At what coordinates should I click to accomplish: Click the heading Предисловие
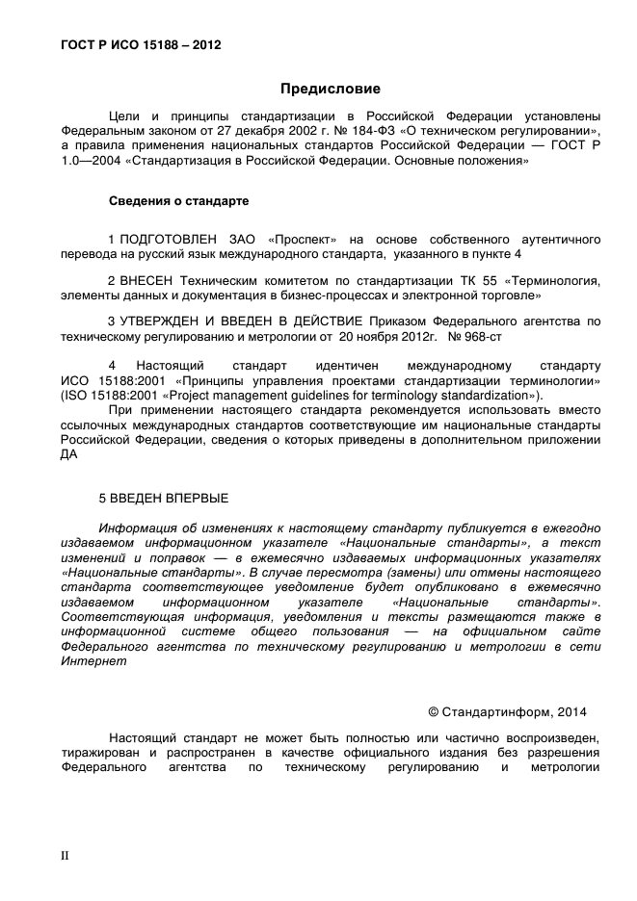(330, 89)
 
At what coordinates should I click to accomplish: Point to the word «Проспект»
(292, 238)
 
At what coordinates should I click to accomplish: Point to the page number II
(66, 854)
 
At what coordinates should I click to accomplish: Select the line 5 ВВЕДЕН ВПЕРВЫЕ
(164, 498)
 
